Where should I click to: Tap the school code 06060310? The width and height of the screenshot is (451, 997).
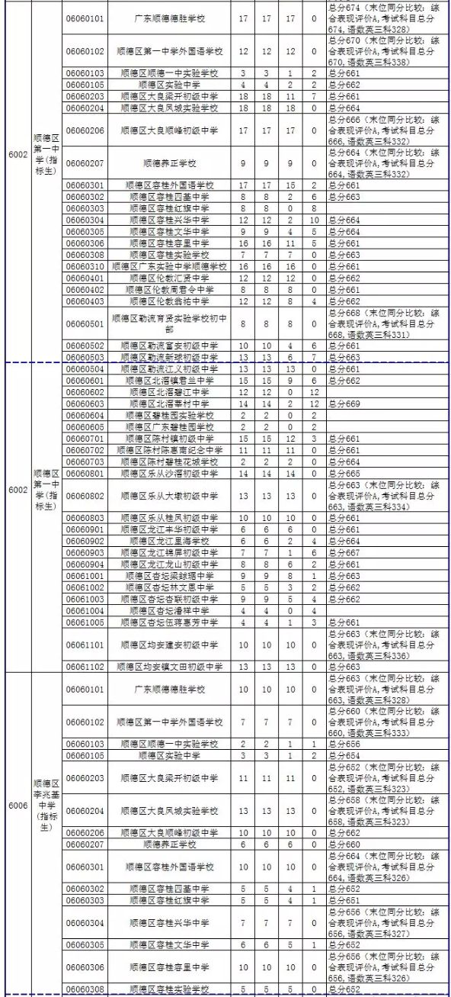[85, 266]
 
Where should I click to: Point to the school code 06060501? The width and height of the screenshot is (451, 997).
[85, 323]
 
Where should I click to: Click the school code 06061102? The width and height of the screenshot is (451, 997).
[85, 666]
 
